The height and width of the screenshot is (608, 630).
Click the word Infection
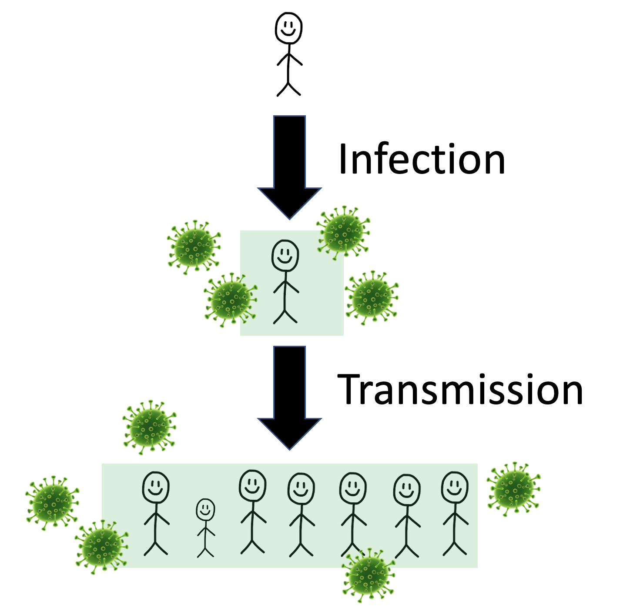tap(421, 159)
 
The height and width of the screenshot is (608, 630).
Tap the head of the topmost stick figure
tap(288, 28)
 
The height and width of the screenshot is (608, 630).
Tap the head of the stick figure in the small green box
tap(285, 256)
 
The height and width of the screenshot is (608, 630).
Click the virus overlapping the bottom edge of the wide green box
tap(369, 575)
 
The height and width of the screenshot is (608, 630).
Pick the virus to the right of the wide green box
tap(514, 489)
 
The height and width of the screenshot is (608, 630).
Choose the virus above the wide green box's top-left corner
tap(150, 428)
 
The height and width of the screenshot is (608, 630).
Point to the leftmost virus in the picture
tap(53, 502)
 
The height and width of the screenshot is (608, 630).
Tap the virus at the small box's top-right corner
tap(343, 233)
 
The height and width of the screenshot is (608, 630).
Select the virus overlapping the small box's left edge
tap(230, 300)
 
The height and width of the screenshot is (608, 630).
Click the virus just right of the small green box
tap(372, 297)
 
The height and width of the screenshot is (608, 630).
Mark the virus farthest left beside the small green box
tap(194, 247)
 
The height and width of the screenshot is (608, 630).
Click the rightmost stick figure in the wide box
tap(455, 513)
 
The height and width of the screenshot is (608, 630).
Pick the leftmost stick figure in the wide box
tap(156, 513)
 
